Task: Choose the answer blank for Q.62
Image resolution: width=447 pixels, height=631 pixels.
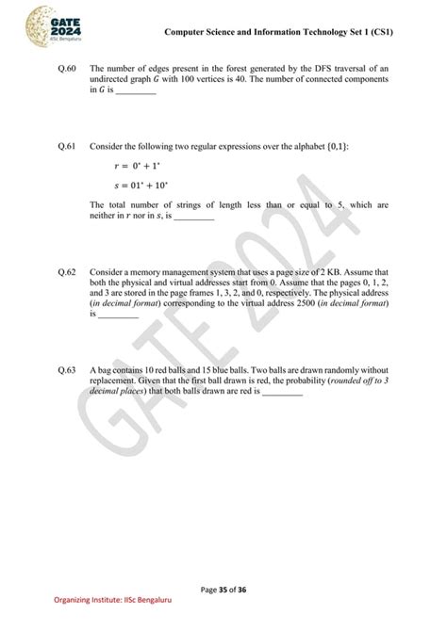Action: pyautogui.click(x=119, y=315)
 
